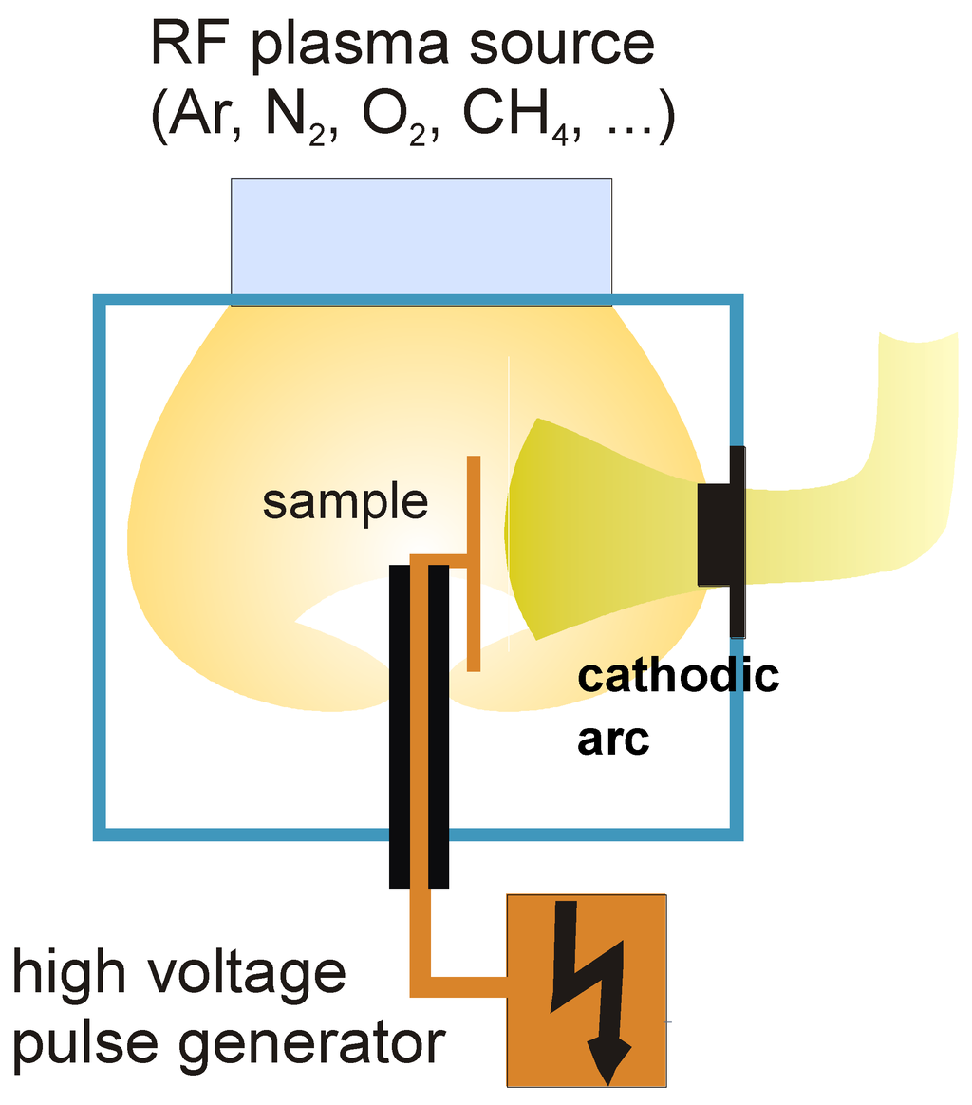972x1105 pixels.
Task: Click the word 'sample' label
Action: (x=345, y=503)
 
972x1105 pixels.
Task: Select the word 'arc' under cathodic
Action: (x=613, y=740)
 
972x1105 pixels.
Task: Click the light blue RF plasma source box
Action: (x=421, y=242)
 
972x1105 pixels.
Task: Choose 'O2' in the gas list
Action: (x=395, y=116)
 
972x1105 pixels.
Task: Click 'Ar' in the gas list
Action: (x=198, y=115)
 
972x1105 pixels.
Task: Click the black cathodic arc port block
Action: (x=721, y=541)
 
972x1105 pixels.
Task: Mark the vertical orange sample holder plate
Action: (x=474, y=563)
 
